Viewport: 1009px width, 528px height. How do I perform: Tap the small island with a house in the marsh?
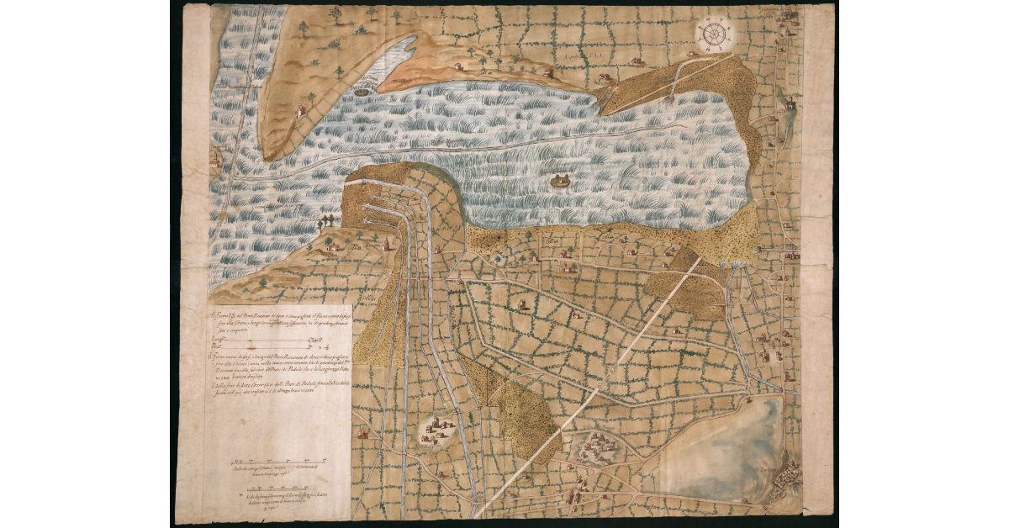[558, 178]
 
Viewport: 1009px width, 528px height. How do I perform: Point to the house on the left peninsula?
[299, 111]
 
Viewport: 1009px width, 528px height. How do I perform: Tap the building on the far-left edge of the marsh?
[215, 157]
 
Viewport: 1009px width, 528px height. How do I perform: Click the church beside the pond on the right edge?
[789, 104]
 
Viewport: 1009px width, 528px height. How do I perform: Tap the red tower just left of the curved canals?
[386, 244]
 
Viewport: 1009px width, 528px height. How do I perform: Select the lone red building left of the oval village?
[363, 433]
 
